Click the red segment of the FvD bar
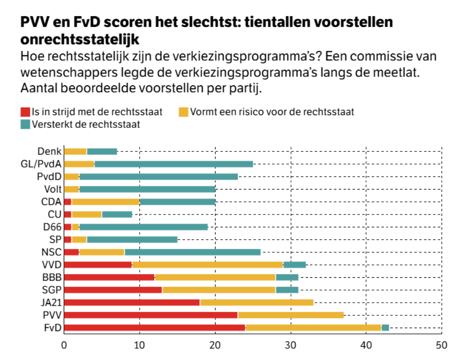(154, 328)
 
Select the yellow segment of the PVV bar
(291, 315)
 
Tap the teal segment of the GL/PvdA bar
(173, 164)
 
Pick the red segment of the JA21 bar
(132, 302)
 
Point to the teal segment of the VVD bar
(294, 264)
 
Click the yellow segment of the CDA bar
(106, 201)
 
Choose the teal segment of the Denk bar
(102, 151)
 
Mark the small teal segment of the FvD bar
(385, 328)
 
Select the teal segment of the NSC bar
(193, 252)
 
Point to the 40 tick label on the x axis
(366, 345)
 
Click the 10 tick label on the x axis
(140, 345)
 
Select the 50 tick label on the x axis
(441, 345)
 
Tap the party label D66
(52, 227)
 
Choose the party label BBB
(52, 277)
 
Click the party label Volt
(52, 189)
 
